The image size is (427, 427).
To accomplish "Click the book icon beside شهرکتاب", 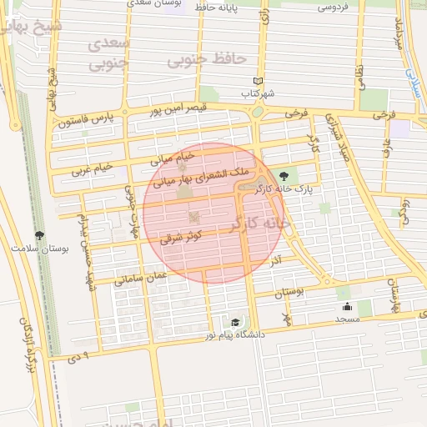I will pos(258,81).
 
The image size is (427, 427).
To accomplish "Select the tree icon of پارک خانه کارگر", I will pos(285,176).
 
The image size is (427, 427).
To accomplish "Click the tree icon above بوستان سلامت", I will pos(38,236).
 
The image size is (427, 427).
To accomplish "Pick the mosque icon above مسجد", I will pos(347,306).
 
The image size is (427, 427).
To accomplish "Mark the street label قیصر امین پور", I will pos(177,108).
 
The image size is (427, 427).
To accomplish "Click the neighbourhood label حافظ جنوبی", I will pos(206,60).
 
